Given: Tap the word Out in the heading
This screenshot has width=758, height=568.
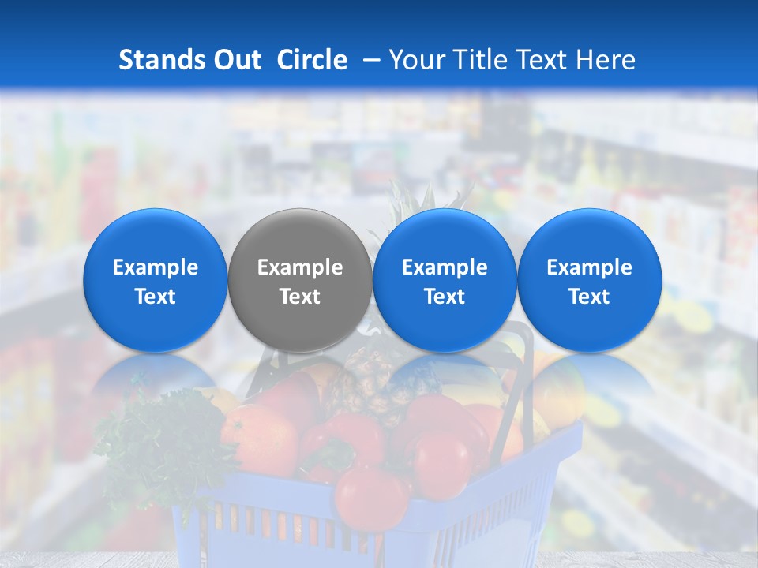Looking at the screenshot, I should tap(235, 60).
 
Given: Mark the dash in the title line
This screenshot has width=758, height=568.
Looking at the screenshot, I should tap(369, 60).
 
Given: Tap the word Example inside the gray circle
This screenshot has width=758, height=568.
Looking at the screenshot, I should tap(300, 267).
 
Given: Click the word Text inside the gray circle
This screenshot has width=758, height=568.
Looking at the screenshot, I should tap(300, 297).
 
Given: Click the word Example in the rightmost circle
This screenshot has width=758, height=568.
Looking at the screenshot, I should tap(589, 267).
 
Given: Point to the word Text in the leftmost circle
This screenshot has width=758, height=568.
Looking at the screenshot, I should tap(155, 297).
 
